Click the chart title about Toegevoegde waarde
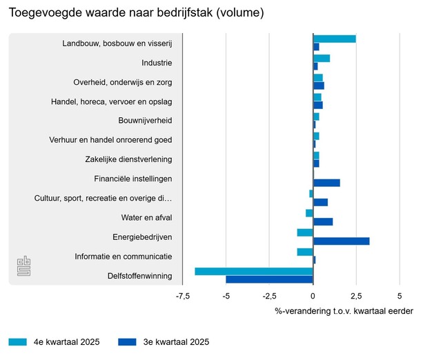click(137, 12)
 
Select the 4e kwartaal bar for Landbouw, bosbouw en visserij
click(334, 39)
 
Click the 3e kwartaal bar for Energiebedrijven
click(341, 241)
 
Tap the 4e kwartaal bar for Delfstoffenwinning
click(254, 271)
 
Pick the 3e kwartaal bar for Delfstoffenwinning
click(269, 279)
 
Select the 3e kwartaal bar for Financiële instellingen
click(326, 183)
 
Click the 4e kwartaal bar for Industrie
click(322, 59)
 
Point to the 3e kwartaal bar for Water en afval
click(323, 221)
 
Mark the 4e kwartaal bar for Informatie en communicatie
click(305, 252)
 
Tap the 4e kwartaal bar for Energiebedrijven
click(305, 232)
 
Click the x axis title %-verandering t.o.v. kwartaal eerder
click(344, 311)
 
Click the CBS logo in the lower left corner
click(24, 267)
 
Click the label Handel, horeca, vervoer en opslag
click(111, 102)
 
